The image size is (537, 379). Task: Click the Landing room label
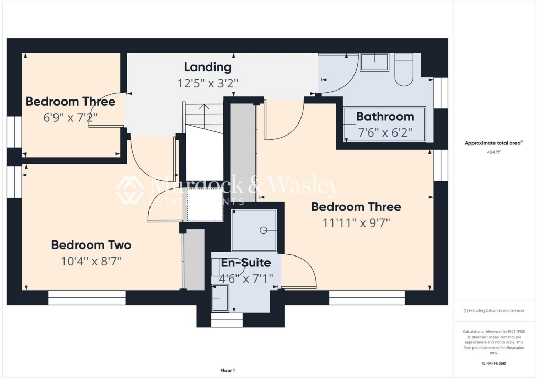click(x=207, y=67)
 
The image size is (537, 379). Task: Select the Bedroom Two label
click(x=91, y=244)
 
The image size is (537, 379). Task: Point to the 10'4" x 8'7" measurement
click(x=91, y=261)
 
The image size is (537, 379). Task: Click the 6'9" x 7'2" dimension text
click(x=70, y=117)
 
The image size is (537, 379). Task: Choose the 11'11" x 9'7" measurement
click(x=356, y=222)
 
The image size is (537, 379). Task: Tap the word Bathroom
click(x=385, y=117)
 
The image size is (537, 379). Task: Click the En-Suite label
click(x=245, y=263)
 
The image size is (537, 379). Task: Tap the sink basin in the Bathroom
click(x=374, y=62)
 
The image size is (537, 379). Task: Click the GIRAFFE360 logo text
click(x=493, y=363)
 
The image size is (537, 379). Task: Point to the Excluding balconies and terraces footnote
click(x=493, y=310)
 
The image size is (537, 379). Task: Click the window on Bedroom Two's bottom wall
click(x=87, y=298)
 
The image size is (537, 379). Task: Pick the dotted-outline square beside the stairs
click(x=203, y=205)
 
